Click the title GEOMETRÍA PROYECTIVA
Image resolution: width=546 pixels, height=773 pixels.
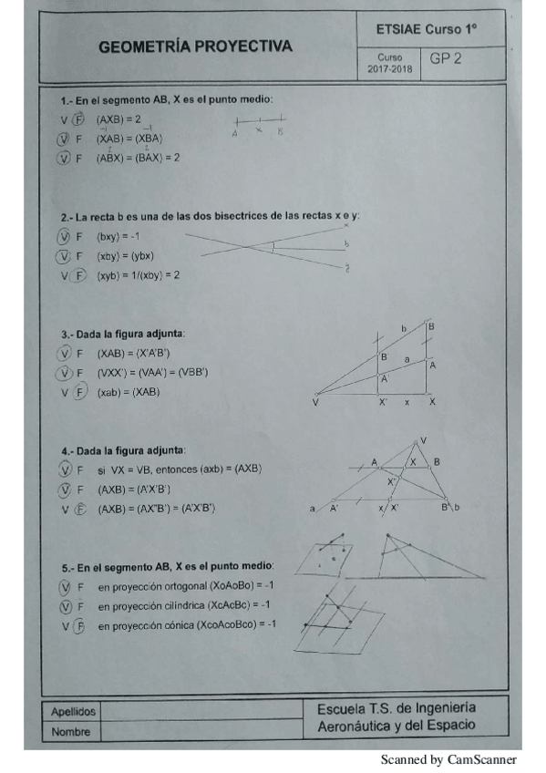pos(195,46)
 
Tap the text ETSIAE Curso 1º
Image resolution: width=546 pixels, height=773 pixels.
pos(427,30)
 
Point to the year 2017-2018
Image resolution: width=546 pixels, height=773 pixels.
pos(389,68)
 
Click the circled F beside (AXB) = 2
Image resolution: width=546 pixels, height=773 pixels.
pos(78,119)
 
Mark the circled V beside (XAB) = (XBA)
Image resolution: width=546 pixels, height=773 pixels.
pos(63,139)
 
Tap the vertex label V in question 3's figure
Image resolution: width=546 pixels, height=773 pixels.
pos(315,401)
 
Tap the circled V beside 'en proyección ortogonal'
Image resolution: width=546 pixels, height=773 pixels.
pos(63,585)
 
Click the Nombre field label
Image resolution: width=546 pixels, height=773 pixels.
pos(70,731)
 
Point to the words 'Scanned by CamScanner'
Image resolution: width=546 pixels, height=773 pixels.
pos(448,758)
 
